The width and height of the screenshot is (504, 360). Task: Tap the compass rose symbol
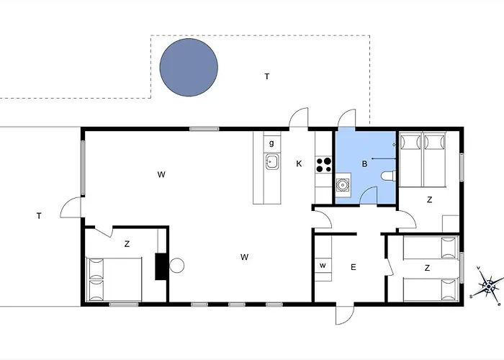488,286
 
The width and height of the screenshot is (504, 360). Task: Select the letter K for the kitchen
299,164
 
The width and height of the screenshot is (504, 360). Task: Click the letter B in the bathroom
364,164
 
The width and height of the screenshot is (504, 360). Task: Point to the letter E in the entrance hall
354,267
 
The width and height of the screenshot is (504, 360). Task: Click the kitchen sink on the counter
272,162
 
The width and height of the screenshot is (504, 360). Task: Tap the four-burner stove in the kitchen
324,165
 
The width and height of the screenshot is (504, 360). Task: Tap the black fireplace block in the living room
161,265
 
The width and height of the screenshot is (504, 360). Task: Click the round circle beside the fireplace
177,266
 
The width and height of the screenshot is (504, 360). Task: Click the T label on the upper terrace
266,76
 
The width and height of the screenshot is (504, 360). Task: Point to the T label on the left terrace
38,216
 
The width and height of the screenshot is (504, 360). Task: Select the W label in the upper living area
162,174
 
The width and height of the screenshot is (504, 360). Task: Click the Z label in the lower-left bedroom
127,244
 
